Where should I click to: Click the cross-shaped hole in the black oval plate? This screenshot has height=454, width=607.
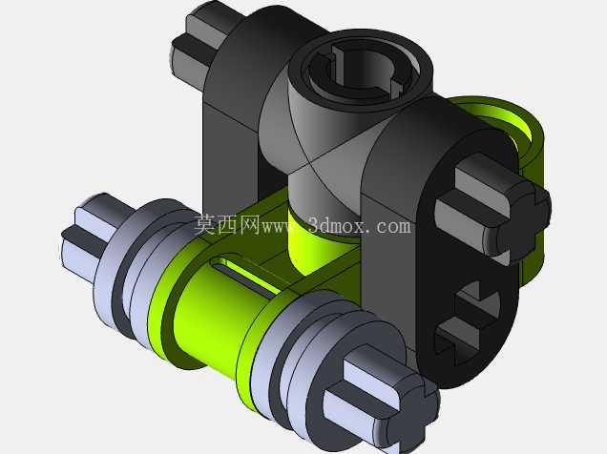467,322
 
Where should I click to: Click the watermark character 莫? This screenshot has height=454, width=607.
205,224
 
